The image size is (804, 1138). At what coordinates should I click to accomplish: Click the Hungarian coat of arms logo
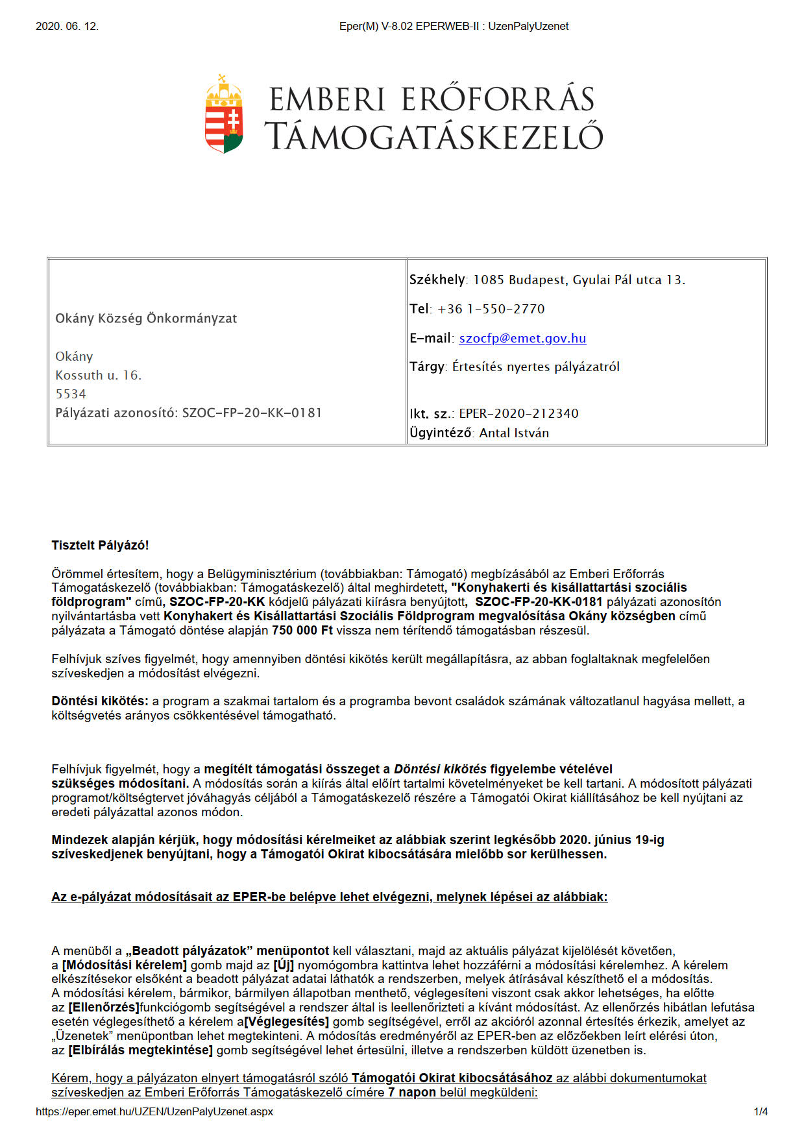tap(224, 114)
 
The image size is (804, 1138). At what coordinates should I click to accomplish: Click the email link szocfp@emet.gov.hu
tap(522, 338)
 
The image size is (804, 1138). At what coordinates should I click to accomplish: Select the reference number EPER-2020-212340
tap(518, 413)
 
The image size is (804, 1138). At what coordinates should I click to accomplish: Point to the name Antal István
tap(514, 433)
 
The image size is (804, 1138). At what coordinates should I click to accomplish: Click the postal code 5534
tap(71, 394)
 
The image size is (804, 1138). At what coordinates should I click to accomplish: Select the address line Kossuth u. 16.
tap(99, 375)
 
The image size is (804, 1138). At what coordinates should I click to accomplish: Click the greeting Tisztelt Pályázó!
tap(101, 545)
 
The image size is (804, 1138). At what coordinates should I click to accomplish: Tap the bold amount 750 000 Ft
tap(302, 630)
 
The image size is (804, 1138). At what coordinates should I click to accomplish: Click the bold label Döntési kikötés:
tap(101, 701)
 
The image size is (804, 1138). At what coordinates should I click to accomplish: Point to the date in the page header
tap(67, 27)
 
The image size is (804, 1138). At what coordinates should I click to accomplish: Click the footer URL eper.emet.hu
tap(154, 1111)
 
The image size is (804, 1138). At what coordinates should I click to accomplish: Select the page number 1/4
tap(761, 1111)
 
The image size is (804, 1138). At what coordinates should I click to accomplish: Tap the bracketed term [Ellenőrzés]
tap(104, 1008)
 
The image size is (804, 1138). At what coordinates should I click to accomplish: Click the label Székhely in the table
tap(437, 280)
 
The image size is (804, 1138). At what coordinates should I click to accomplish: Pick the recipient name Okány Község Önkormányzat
tap(146, 319)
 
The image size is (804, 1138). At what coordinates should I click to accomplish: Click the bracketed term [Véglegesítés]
tap(286, 1022)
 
